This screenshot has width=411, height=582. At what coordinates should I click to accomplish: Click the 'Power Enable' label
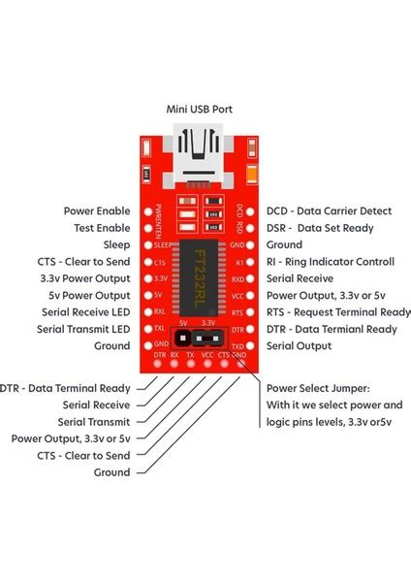[x=97, y=210]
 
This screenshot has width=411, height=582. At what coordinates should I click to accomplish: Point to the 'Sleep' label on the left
[x=116, y=244]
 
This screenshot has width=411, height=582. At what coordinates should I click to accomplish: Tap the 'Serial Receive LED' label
[x=85, y=311]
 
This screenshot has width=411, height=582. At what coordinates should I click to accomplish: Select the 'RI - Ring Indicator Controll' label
[x=331, y=261]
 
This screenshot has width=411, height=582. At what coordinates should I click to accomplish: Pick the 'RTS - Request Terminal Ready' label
[x=338, y=311]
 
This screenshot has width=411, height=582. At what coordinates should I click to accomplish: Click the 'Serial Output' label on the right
[x=299, y=345]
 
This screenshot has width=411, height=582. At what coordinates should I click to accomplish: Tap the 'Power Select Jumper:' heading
[x=317, y=387]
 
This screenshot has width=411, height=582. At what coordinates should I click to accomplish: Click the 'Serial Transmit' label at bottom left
[x=96, y=421]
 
